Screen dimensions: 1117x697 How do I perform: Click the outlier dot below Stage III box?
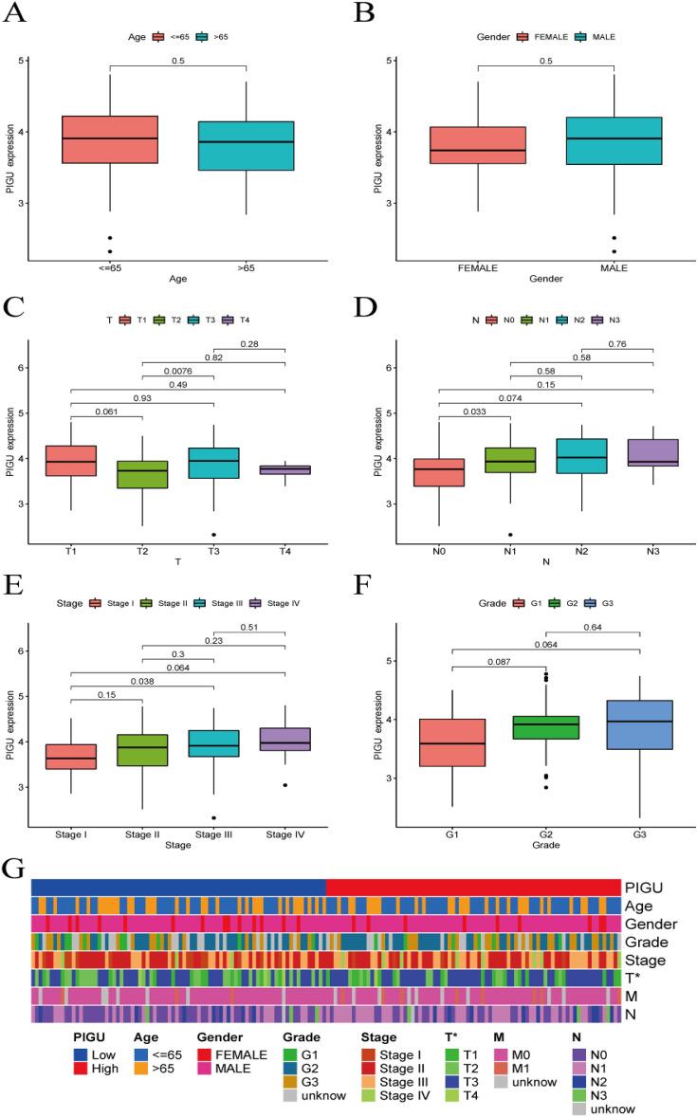click(214, 817)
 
